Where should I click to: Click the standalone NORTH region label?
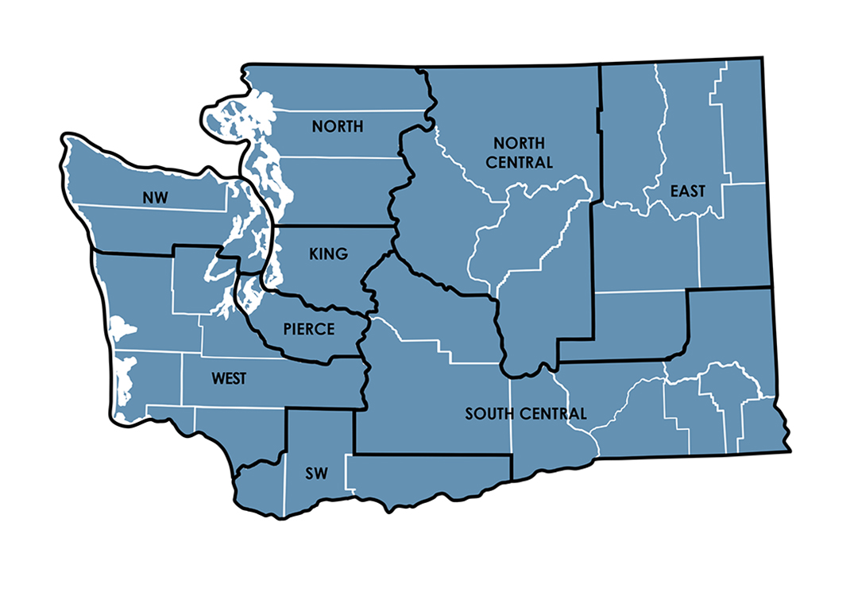(338, 126)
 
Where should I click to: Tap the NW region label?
(156, 198)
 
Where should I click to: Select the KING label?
(327, 254)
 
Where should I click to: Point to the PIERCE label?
(309, 329)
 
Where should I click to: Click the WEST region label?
(229, 379)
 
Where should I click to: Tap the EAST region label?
(687, 192)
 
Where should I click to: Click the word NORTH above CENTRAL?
(520, 144)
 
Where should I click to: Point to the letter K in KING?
(311, 254)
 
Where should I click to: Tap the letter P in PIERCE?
(288, 329)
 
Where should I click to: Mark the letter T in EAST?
(701, 192)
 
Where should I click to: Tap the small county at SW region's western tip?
(258, 477)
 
